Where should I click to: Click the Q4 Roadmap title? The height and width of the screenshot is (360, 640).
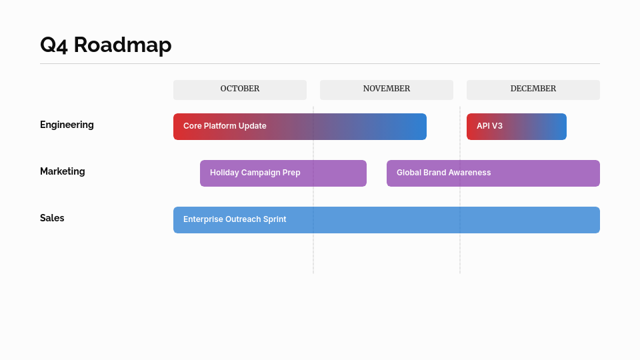105,45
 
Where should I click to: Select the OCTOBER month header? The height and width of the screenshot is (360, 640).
240,89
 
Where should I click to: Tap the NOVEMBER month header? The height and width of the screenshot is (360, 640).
387,89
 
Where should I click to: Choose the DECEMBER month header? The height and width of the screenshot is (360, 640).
533,89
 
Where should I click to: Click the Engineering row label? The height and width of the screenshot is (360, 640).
67,125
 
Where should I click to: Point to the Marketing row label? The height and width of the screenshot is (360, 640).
63,171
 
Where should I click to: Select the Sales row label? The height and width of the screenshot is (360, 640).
52,218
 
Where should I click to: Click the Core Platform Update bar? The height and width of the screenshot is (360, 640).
300,127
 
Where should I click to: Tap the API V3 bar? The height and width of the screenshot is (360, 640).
517,127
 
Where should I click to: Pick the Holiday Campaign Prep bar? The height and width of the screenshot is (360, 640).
283,173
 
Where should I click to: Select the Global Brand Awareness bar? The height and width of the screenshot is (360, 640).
493,173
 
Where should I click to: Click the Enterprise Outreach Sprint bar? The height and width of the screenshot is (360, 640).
387,220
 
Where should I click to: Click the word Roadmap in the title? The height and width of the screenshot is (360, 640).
123,45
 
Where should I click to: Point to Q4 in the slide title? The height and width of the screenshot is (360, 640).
54,45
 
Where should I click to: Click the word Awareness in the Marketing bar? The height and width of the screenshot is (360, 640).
469,173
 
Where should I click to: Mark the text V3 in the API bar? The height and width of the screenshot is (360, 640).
497,126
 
